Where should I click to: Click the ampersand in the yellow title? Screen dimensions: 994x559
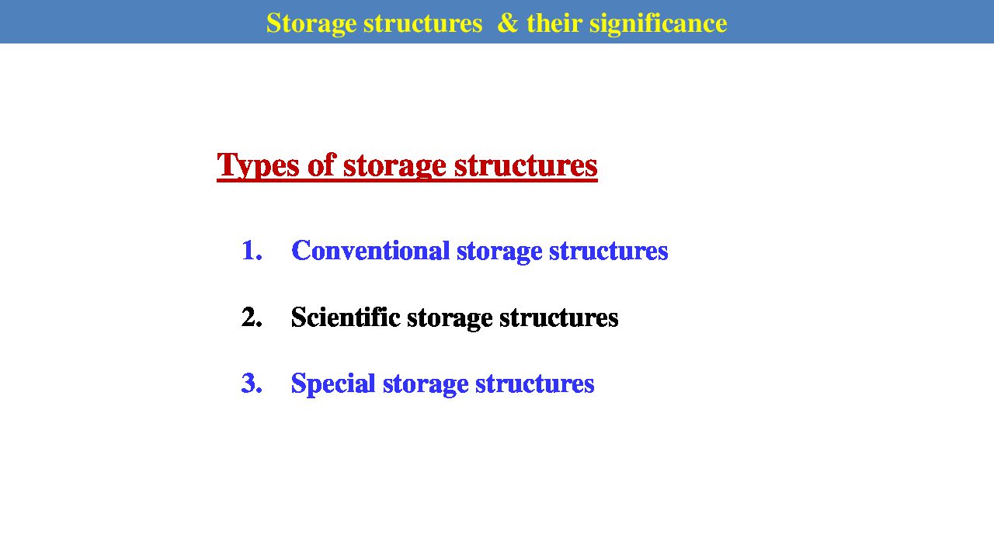click(x=508, y=23)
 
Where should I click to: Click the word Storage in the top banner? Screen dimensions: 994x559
click(x=311, y=24)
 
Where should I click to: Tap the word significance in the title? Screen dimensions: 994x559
click(x=658, y=24)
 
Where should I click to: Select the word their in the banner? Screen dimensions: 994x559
click(x=554, y=23)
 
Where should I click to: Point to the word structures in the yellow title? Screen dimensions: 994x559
click(x=423, y=24)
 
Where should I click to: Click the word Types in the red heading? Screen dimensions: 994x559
click(x=258, y=166)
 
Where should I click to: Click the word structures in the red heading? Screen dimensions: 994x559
click(x=526, y=166)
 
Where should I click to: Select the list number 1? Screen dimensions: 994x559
click(x=252, y=250)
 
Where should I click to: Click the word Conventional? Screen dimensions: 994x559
click(x=370, y=250)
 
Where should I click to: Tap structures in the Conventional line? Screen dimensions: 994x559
click(x=608, y=251)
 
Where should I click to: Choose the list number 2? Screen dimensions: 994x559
click(x=252, y=318)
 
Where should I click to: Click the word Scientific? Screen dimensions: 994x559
click(x=346, y=318)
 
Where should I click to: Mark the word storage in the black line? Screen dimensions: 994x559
click(x=450, y=319)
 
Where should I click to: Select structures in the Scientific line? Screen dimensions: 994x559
click(x=558, y=318)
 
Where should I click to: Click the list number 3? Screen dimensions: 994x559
click(x=252, y=384)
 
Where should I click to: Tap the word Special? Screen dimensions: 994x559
click(x=333, y=384)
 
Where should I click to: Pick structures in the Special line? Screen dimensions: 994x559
click(x=535, y=384)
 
